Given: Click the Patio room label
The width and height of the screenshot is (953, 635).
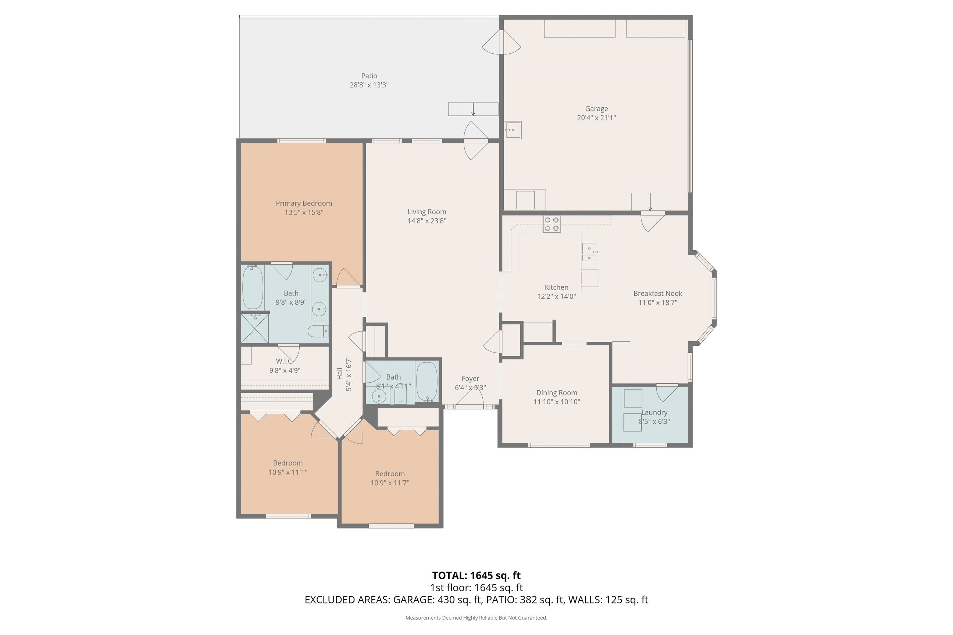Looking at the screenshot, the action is tap(369, 76).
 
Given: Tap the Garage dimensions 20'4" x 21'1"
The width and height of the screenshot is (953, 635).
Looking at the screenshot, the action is tap(596, 118).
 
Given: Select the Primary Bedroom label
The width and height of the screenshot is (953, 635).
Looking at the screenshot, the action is tap(304, 203).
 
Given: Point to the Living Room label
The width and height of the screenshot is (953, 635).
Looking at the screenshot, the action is tap(426, 212).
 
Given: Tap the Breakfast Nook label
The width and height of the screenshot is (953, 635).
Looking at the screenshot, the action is tap(658, 293).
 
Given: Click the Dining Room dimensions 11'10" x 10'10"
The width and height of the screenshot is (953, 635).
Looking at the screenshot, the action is tap(557, 402).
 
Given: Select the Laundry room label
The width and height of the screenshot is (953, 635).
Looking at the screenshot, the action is tap(654, 412).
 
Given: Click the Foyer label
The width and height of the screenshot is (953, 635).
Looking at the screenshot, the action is tap(470, 379).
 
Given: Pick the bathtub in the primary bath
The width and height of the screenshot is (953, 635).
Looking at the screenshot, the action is tap(253, 287).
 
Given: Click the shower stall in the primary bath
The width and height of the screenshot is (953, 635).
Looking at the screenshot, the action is tap(255, 329).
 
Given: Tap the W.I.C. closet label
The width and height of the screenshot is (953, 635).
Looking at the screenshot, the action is tap(285, 361).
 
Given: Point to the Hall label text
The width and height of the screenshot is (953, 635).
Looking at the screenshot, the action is tap(340, 373).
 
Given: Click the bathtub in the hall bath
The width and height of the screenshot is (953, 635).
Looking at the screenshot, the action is tap(427, 381).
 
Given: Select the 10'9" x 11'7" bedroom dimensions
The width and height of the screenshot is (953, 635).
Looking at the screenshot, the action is tap(390, 483).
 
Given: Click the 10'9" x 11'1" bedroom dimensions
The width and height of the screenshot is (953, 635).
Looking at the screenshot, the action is tap(288, 472).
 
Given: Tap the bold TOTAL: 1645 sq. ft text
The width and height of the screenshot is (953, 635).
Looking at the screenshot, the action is tap(476, 575).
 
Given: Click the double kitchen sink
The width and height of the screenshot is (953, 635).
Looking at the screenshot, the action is tap(589, 252).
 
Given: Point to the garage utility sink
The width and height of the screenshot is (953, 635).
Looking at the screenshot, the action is tap(513, 130).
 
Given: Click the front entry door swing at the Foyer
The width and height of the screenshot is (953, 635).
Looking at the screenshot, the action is tap(470, 398).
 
